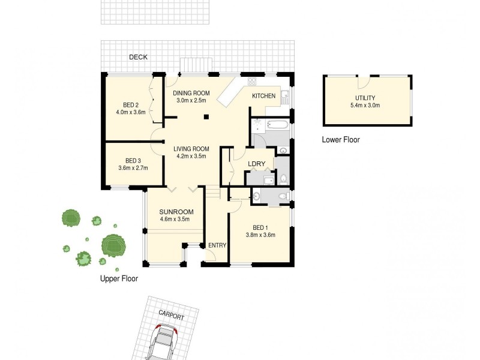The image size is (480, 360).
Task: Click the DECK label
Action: click(x=139, y=57)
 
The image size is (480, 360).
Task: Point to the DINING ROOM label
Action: click(x=191, y=93)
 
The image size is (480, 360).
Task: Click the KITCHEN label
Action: click(x=263, y=96)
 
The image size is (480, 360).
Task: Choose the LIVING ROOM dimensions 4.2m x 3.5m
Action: click(x=191, y=156)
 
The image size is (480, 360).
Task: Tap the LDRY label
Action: click(x=257, y=164)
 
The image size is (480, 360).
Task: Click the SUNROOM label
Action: click(x=176, y=212)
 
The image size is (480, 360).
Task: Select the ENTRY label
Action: click(x=216, y=245)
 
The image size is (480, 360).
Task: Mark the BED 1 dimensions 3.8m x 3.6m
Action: click(x=260, y=235)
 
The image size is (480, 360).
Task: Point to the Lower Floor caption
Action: click(x=341, y=140)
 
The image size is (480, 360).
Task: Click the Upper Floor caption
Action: click(x=119, y=279)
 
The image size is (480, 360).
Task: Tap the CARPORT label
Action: click(x=171, y=316)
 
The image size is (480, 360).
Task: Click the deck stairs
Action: click(x=197, y=64)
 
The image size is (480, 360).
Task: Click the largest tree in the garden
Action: click(x=112, y=245)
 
